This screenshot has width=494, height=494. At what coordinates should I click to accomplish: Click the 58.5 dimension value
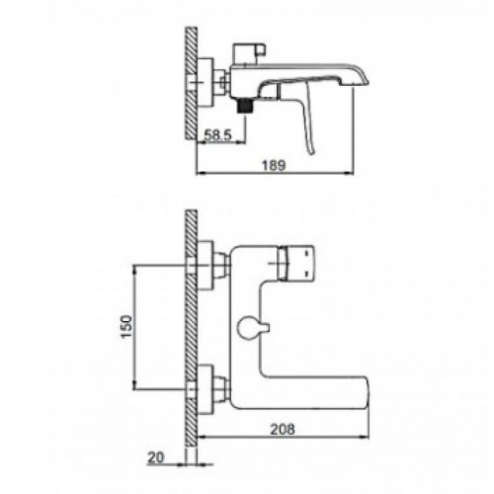pos(218,135)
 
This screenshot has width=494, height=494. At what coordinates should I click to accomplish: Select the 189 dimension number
pos(274,165)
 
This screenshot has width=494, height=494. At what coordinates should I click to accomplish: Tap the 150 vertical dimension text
pos(126,326)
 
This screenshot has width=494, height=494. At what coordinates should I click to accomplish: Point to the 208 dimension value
pos(283,430)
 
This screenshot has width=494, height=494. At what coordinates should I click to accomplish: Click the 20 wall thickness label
pos(156,457)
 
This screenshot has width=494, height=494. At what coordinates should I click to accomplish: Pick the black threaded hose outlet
pos(244,106)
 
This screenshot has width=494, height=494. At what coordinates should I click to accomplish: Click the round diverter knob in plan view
pos(247,327)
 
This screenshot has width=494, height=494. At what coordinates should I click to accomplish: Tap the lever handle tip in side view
pos(311,151)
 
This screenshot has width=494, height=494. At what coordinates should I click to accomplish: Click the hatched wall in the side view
pos(191,83)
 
